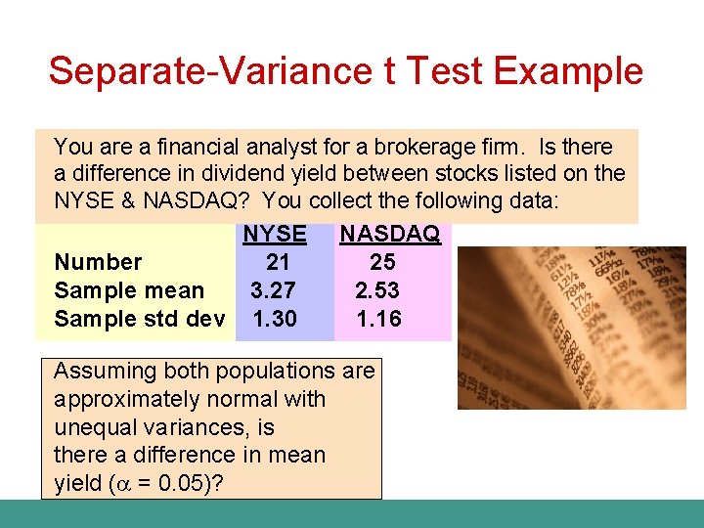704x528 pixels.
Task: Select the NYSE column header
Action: point(274,235)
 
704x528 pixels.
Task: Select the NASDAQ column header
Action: point(389,235)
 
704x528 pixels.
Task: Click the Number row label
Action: point(98,262)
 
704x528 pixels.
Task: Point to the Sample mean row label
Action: point(129,290)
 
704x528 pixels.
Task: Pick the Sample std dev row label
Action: point(140,319)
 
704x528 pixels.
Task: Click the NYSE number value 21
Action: point(278,262)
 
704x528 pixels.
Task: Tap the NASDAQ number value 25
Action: point(382,262)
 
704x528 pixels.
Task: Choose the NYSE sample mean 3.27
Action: point(274,290)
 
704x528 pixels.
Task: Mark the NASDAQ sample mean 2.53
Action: point(377,290)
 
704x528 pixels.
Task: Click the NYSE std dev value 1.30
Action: point(274,319)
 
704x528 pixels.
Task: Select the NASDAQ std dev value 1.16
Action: point(379,319)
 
